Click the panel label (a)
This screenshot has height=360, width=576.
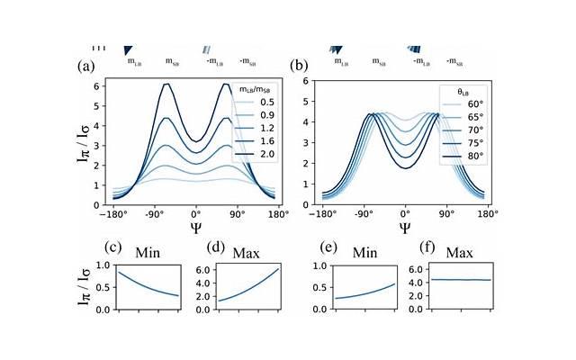[86, 66]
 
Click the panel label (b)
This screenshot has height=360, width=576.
[299, 66]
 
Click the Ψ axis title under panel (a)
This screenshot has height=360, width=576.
[195, 228]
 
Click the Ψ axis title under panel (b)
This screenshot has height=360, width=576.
[405, 228]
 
